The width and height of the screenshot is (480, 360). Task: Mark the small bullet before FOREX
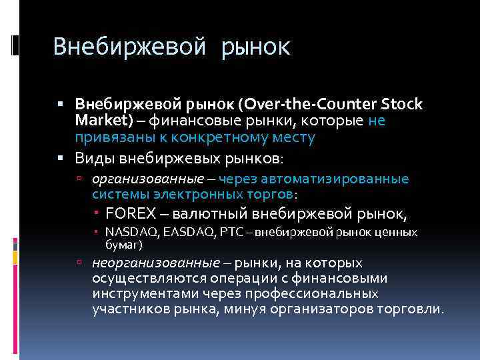coord(97,213)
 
